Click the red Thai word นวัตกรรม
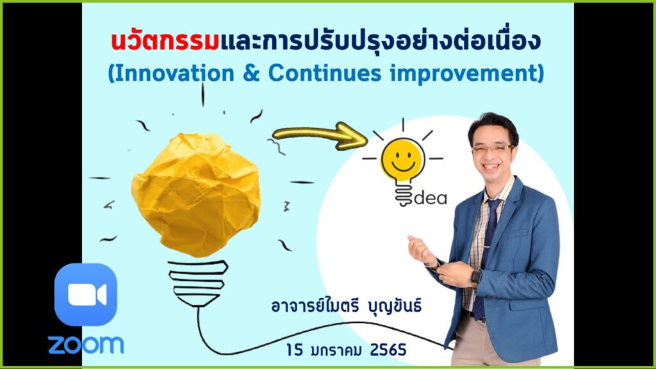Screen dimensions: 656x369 point(165,40)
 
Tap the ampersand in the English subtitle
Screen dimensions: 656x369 point(251,73)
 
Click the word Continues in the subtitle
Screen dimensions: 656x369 point(325,73)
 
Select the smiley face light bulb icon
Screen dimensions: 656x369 point(402,163)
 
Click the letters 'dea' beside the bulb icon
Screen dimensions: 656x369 point(430,197)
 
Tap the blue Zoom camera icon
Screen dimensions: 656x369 point(86,295)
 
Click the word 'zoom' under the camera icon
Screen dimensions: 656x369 point(86,345)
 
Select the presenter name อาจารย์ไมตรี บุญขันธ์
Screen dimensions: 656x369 point(346,306)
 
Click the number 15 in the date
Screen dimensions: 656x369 point(295,349)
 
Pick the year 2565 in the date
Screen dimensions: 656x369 point(388,349)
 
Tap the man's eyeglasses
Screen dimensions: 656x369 point(493,148)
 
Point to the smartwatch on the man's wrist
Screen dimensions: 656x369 point(476,277)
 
